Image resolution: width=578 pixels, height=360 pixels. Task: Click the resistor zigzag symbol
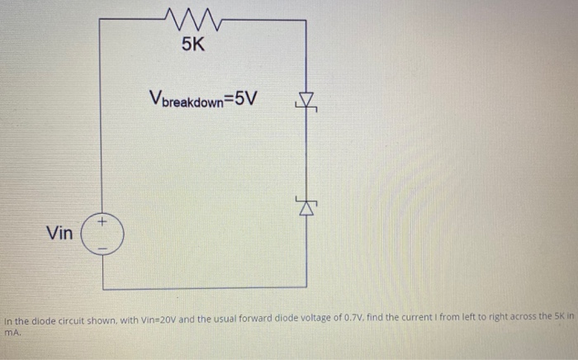pyautogui.click(x=191, y=16)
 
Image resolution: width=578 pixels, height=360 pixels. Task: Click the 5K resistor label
pyautogui.click(x=192, y=45)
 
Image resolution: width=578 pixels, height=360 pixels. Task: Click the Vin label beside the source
pyautogui.click(x=59, y=234)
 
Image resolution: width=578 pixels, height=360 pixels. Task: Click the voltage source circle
pyautogui.click(x=102, y=234)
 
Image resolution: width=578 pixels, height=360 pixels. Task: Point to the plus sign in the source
pyautogui.click(x=102, y=222)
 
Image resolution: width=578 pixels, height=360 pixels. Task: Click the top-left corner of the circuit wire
pyautogui.click(x=100, y=17)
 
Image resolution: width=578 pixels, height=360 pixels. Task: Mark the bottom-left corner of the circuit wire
pyautogui.click(x=102, y=288)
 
